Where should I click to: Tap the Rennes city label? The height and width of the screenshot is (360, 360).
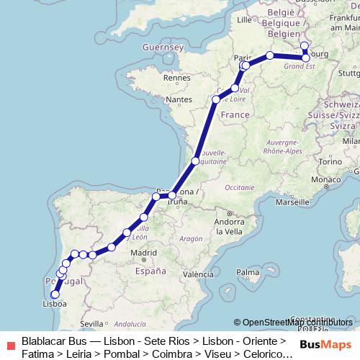(176, 77)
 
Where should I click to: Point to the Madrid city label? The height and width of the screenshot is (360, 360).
(144, 253)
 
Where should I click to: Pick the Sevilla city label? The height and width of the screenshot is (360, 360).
(92, 323)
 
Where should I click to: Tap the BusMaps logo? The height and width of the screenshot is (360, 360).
(324, 344)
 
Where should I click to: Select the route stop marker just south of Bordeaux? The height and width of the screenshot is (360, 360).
(194, 161)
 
